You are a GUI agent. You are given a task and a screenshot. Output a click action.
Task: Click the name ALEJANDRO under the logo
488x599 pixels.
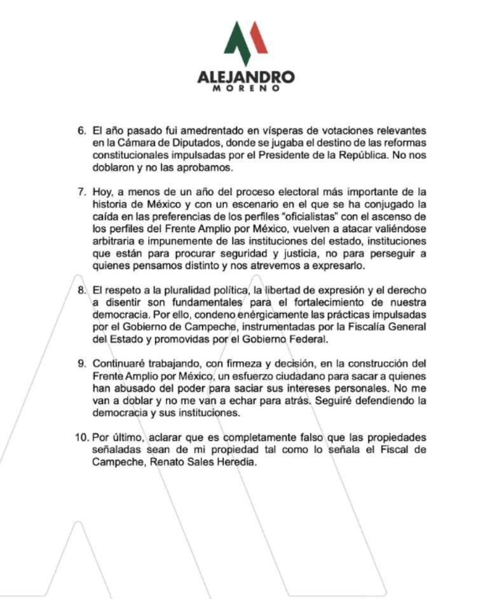[246, 78]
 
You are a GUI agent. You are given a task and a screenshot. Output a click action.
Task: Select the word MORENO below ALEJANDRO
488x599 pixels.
[246, 89]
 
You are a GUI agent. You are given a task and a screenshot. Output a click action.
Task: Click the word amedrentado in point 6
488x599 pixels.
[207, 130]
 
